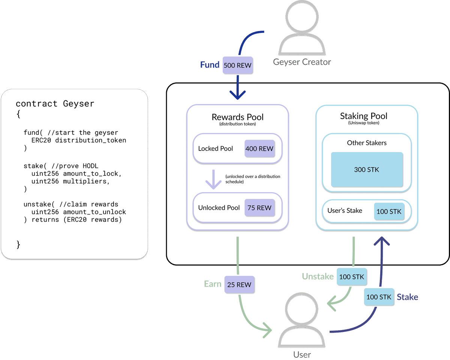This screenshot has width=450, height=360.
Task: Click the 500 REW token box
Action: pyautogui.click(x=237, y=65)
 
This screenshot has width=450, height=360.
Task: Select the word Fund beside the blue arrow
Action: pyautogui.click(x=210, y=65)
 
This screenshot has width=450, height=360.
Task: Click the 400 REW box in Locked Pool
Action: pyautogui.click(x=259, y=148)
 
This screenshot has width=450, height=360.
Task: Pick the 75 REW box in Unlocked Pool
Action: pyautogui.click(x=259, y=208)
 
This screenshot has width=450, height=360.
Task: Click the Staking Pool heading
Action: pyautogui.click(x=363, y=116)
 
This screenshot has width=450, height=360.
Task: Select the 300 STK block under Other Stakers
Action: pyautogui.click(x=366, y=170)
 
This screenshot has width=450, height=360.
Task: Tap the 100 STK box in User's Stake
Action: pyautogui.click(x=389, y=212)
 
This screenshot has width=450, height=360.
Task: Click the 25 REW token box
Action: pyautogui.click(x=239, y=285)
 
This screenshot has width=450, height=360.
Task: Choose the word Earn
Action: pyautogui.click(x=213, y=284)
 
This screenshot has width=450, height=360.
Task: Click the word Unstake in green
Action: pyautogui.click(x=318, y=276)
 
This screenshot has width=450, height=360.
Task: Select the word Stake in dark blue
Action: pyautogui.click(x=407, y=297)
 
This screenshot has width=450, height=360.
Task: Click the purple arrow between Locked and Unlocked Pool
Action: pyautogui.click(x=214, y=180)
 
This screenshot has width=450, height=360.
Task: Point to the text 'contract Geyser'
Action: pyautogui.click(x=55, y=103)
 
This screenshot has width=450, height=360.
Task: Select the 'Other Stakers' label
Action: pyautogui.click(x=366, y=143)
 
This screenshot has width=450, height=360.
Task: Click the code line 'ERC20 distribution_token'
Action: pyautogui.click(x=79, y=140)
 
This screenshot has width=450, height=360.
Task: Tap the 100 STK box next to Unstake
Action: pyautogui.click(x=352, y=277)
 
